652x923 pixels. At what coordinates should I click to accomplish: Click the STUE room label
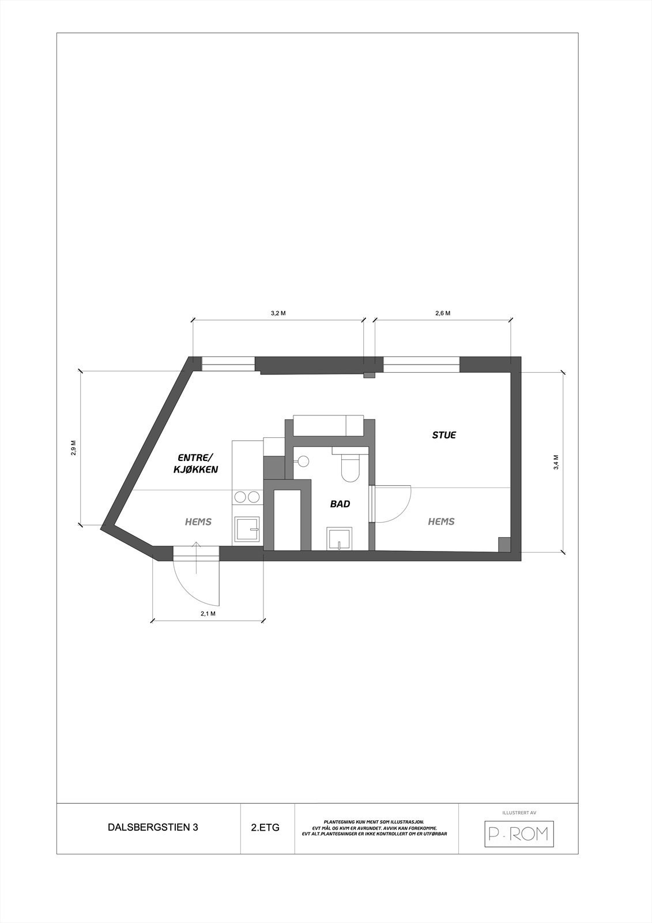[444, 435]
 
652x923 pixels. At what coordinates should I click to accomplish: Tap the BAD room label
[340, 504]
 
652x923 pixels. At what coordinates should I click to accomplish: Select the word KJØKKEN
[195, 470]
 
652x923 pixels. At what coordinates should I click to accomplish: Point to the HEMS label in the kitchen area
[198, 522]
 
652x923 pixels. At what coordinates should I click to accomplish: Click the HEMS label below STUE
[441, 521]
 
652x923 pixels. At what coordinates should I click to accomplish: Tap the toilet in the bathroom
[349, 467]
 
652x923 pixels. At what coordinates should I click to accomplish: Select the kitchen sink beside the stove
[248, 530]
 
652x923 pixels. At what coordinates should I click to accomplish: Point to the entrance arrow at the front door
[196, 557]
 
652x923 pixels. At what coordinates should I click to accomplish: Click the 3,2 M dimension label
[278, 313]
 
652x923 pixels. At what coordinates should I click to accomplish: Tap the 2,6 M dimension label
[443, 313]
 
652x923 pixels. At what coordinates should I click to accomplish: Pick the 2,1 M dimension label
[208, 613]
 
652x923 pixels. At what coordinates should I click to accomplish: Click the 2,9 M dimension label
[73, 448]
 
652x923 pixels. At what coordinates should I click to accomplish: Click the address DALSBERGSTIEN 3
[153, 827]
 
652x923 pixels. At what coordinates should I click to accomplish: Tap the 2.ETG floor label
[265, 827]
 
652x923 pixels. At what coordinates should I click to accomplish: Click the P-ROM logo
[518, 833]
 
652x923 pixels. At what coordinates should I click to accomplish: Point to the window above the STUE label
[421, 365]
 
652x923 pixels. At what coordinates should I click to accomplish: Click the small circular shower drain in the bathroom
[303, 460]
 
